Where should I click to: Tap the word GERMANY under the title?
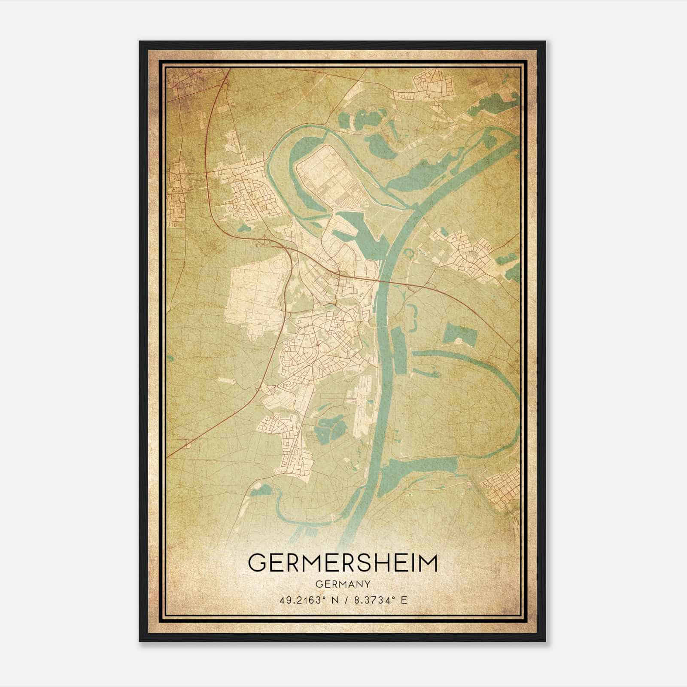pyautogui.click(x=343, y=584)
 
